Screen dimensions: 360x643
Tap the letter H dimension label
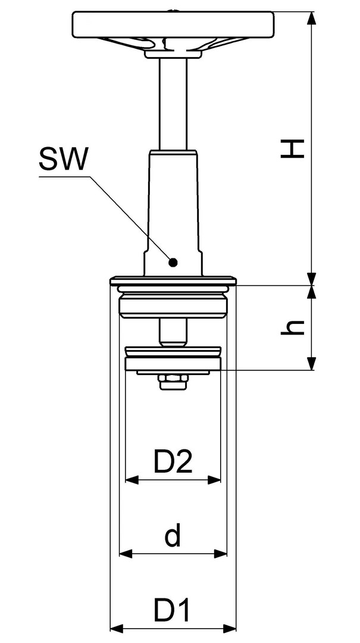(x=292, y=148)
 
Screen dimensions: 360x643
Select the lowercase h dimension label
(x=292, y=326)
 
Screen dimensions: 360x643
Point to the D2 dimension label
(x=173, y=461)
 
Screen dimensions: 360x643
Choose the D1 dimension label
(x=172, y=610)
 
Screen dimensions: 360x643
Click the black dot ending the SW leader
(x=173, y=262)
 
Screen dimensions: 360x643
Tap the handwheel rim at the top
(x=173, y=24)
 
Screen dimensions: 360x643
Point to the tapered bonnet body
(x=173, y=213)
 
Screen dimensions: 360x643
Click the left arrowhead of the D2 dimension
(x=132, y=480)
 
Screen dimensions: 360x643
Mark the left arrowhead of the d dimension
(x=126, y=554)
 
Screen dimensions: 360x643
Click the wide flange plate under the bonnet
(x=173, y=281)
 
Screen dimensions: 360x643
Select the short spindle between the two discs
(x=173, y=333)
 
